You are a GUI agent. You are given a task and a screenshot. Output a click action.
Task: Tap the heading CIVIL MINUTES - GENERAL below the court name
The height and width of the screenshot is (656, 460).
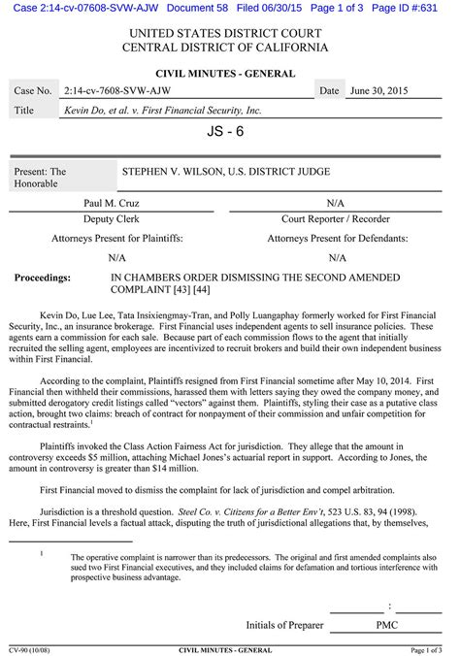point(229,72)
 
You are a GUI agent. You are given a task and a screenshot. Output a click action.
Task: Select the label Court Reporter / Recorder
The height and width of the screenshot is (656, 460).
point(336,220)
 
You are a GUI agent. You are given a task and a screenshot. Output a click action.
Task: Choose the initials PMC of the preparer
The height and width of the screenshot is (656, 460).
point(360,626)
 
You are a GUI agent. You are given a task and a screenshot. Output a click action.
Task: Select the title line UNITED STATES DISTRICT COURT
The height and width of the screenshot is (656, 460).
point(229,33)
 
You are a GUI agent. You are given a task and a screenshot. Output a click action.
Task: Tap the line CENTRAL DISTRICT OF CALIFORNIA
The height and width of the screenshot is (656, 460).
point(229,49)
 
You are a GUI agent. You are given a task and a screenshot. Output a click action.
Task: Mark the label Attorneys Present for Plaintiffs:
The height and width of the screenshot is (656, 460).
point(117,238)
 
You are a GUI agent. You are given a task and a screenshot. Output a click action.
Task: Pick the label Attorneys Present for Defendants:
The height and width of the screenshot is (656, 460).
point(337,238)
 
